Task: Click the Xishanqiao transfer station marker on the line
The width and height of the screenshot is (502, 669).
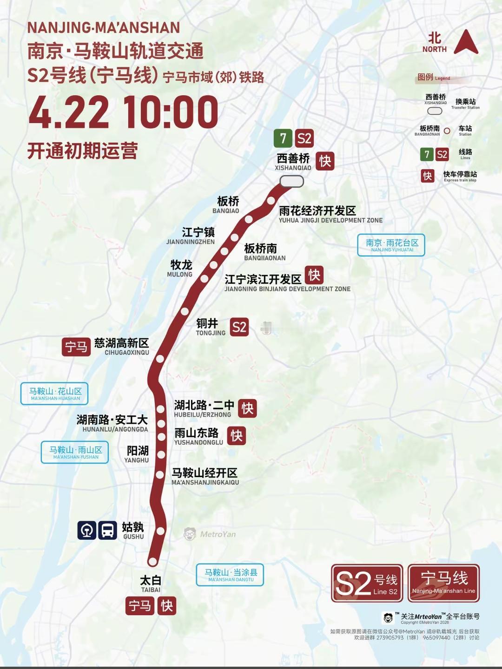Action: (291, 181)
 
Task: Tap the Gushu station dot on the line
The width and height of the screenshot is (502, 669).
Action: (161, 531)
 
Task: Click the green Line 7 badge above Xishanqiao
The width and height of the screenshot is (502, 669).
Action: (283, 138)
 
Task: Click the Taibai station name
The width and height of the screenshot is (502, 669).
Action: (151, 584)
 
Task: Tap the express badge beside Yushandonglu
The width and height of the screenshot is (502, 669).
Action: (237, 436)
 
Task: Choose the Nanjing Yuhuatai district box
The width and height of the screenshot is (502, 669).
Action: (391, 245)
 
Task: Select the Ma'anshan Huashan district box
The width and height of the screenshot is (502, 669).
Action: (55, 394)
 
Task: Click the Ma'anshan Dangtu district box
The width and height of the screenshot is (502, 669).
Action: (230, 575)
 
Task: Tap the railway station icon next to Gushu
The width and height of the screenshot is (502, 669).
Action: (87, 530)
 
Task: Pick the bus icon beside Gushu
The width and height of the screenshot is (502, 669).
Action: (107, 530)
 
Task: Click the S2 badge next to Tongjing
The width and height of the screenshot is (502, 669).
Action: (239, 327)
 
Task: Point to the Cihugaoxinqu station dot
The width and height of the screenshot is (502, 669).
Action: (160, 359)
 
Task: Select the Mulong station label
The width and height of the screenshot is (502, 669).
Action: (180, 268)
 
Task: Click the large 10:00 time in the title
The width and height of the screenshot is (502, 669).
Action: (171, 112)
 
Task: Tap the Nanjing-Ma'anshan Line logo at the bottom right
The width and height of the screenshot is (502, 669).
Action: (443, 583)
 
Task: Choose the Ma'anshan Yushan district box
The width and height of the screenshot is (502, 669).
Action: (75, 452)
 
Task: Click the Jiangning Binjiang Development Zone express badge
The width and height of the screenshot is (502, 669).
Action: (314, 275)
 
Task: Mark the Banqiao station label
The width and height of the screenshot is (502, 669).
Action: (227, 204)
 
